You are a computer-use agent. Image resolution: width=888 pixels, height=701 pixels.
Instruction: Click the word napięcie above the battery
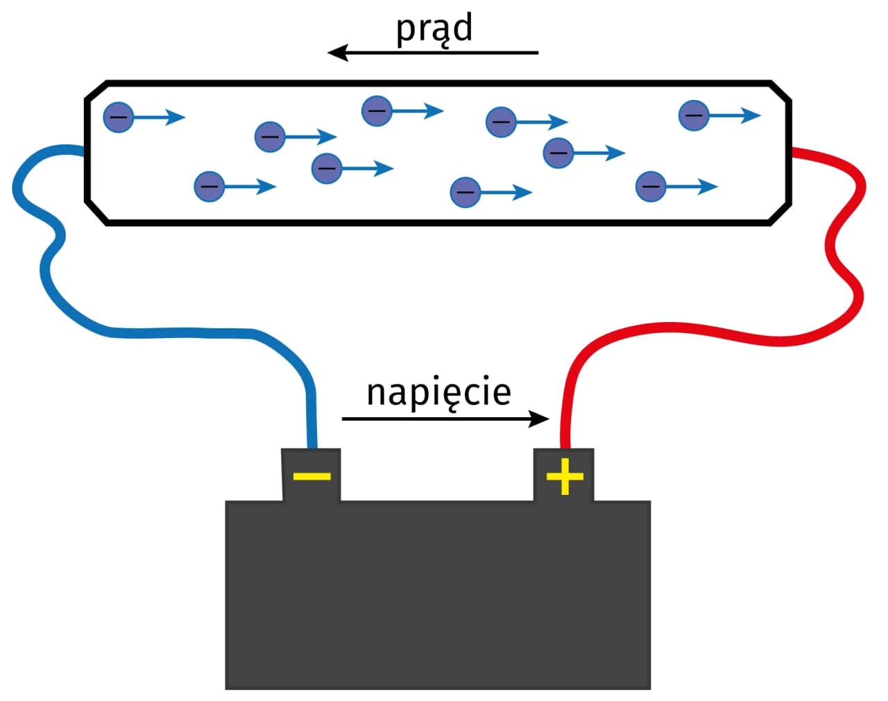[438, 393]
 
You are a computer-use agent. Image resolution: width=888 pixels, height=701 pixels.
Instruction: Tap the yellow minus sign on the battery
[311, 476]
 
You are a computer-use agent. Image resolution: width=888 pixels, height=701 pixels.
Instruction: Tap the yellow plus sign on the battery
[565, 477]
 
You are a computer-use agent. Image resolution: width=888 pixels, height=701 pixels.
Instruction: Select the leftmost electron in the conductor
[118, 117]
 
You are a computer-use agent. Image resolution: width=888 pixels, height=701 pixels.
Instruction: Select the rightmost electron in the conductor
[693, 115]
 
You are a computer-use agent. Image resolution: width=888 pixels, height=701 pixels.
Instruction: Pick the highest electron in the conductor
[377, 111]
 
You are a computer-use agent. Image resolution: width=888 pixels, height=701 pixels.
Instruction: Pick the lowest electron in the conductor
[465, 192]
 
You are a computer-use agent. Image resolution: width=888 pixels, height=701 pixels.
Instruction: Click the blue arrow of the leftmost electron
[160, 117]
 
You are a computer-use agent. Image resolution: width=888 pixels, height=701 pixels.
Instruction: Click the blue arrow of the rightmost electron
[735, 115]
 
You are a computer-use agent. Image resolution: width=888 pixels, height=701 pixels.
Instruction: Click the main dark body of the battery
[437, 597]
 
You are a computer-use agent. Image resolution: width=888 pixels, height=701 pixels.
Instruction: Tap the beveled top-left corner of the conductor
[96, 90]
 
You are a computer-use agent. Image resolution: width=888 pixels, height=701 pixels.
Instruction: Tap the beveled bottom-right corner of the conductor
[780, 214]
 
